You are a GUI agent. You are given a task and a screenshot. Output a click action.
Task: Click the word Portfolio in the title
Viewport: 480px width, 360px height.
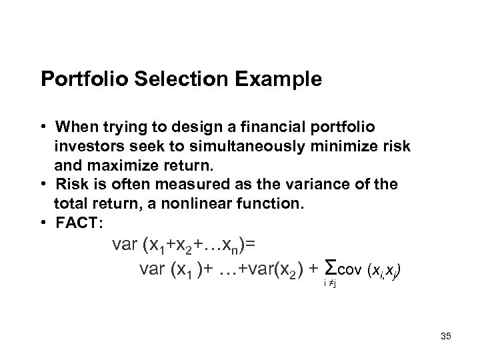(83, 80)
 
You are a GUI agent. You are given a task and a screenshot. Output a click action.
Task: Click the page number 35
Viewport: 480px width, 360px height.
(445, 336)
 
